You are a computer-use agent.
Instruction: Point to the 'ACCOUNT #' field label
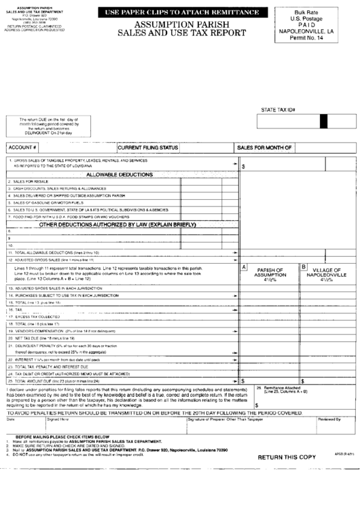pyautogui.click(x=22, y=147)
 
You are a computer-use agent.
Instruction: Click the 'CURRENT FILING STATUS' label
pyautogui.click(x=148, y=147)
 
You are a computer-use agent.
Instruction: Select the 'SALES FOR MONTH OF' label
pyautogui.click(x=264, y=147)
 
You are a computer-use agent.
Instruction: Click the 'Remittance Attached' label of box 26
pyautogui.click(x=282, y=387)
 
